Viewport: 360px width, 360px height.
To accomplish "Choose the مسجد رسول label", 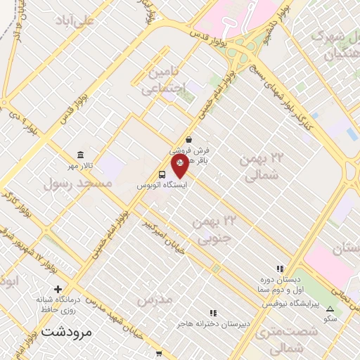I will pos(77,184).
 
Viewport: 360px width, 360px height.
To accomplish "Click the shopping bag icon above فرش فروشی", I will pos(189,139).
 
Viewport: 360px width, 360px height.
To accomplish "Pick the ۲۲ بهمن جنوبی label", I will pos(214,231).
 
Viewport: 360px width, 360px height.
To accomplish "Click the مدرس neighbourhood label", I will pos(154,300).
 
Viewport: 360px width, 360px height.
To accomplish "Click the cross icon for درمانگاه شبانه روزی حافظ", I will pos(58,289).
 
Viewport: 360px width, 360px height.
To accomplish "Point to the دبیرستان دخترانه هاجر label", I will pos(211,324).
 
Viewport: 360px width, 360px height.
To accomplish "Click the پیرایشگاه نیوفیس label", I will pos(291,303).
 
